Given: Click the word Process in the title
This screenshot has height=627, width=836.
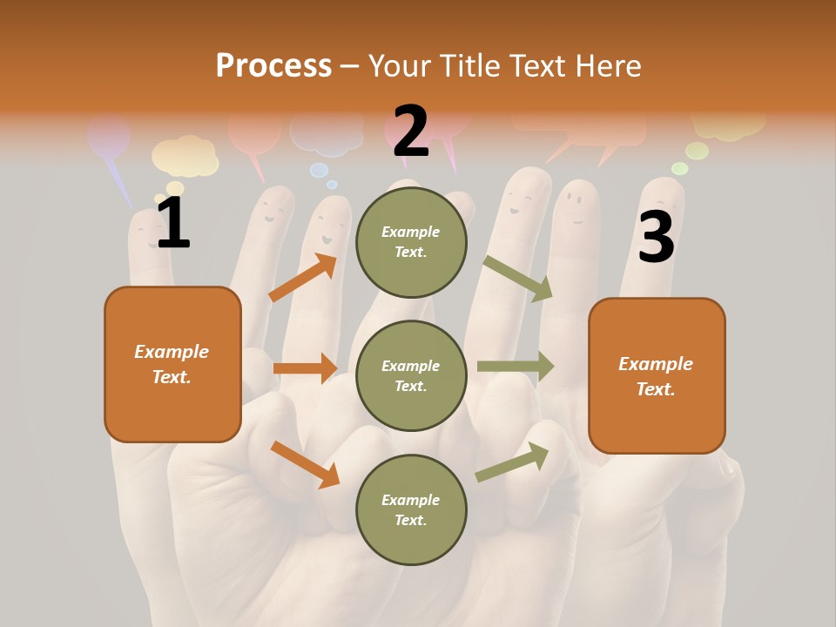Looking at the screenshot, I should (x=273, y=66).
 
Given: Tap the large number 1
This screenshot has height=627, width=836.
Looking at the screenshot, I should (x=172, y=224).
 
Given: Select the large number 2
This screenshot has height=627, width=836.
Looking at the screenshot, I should (x=411, y=131).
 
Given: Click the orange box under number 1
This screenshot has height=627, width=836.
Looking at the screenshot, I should (x=172, y=364).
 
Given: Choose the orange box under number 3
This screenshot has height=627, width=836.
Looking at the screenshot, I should (x=657, y=376).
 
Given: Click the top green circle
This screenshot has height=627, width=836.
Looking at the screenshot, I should (x=411, y=242).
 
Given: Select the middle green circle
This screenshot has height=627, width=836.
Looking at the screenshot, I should (x=411, y=375).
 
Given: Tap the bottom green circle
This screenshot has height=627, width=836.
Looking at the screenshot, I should (x=411, y=509).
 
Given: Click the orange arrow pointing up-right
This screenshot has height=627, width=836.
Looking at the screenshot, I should (x=303, y=277).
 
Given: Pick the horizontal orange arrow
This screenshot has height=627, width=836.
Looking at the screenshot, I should (x=305, y=368).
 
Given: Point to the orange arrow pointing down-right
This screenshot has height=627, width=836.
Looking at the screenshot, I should (x=305, y=463).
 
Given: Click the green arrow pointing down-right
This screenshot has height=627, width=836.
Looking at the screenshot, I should (x=518, y=278).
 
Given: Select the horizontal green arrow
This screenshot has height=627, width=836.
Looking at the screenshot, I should (x=516, y=366).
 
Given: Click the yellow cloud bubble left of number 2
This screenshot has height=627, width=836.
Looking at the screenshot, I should (x=184, y=157).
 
